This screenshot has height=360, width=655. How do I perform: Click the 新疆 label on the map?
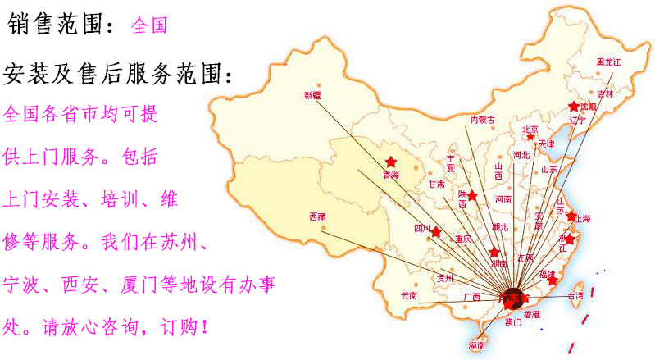(313, 95)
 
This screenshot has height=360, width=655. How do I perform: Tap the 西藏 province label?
(317, 216)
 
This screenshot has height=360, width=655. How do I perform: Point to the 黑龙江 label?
(609, 62)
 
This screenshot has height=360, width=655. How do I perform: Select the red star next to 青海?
(390, 162)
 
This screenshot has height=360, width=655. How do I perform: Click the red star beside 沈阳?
(574, 107)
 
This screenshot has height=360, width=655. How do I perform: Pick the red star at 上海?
(571, 216)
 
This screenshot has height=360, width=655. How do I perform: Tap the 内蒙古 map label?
(482, 120)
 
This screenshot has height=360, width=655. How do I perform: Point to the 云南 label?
(409, 295)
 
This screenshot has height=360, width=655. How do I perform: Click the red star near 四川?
(436, 232)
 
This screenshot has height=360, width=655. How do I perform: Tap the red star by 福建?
(553, 280)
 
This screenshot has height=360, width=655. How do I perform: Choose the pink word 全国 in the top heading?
(149, 25)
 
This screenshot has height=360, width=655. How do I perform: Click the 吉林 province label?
(605, 94)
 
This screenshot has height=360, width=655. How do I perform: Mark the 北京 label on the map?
(530, 130)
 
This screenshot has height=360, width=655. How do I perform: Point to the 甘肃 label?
(436, 185)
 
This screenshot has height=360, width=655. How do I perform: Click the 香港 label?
(532, 314)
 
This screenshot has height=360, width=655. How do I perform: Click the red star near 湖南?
(494, 253)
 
